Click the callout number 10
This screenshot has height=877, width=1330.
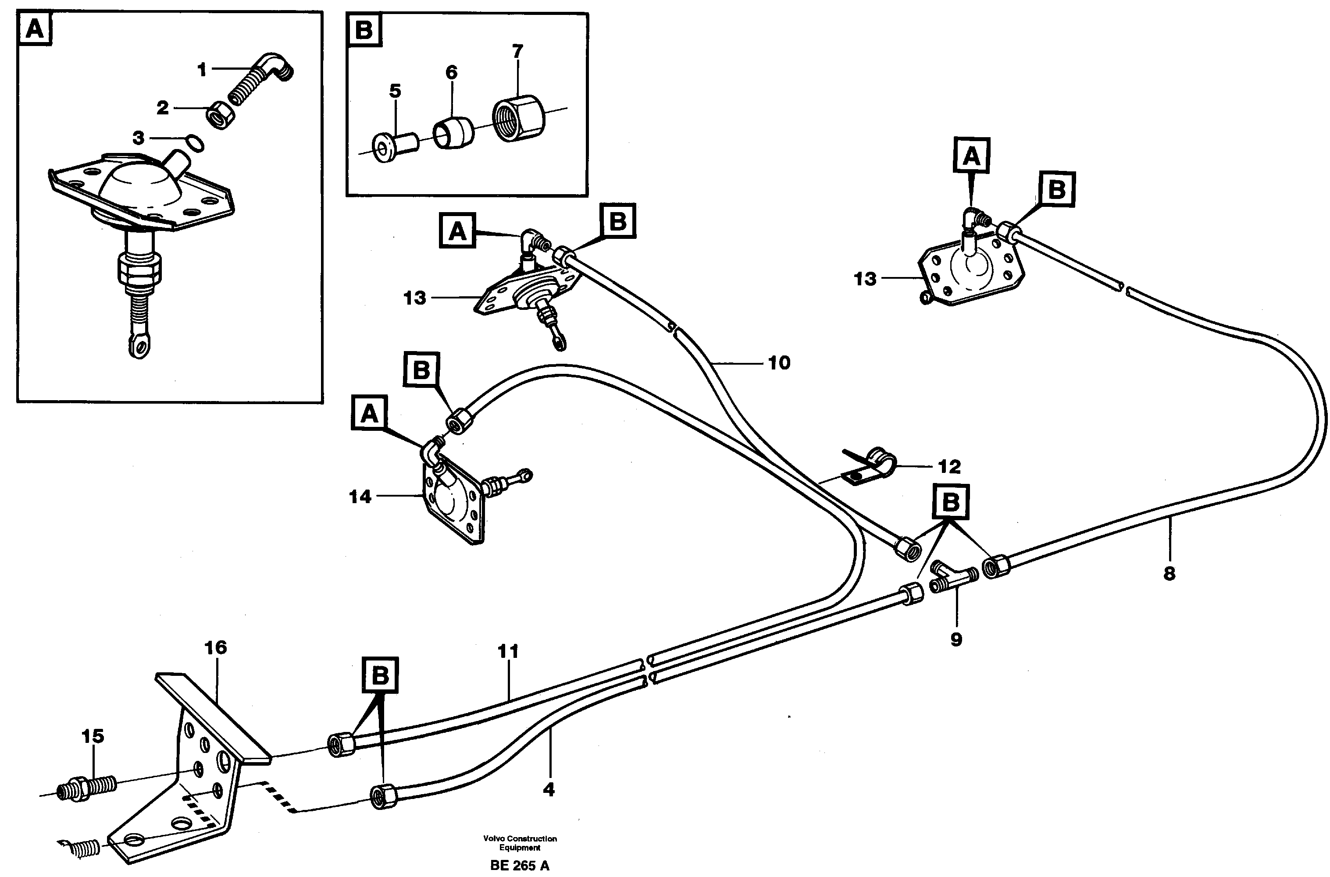(x=779, y=363)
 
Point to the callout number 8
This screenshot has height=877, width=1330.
(x=1169, y=573)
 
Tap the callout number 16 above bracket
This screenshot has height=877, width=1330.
(x=215, y=648)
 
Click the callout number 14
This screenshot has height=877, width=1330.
(x=360, y=496)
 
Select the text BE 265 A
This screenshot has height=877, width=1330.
(x=519, y=866)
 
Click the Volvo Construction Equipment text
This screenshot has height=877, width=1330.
(x=520, y=843)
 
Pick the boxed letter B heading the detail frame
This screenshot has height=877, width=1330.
(x=364, y=30)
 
